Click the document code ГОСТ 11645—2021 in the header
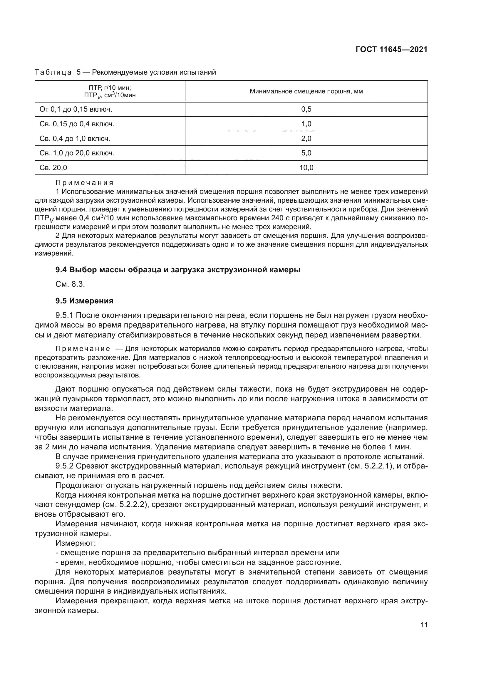click(391, 49)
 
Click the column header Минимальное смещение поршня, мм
click(306, 92)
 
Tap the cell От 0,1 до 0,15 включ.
click(76, 110)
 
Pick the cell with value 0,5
click(306, 110)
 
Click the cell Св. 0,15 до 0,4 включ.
click(77, 124)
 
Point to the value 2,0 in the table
click(306, 139)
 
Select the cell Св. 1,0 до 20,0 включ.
click(77, 153)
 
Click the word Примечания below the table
click(84, 183)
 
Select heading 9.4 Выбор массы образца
click(178, 270)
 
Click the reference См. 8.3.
click(70, 284)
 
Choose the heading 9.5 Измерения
click(84, 301)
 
